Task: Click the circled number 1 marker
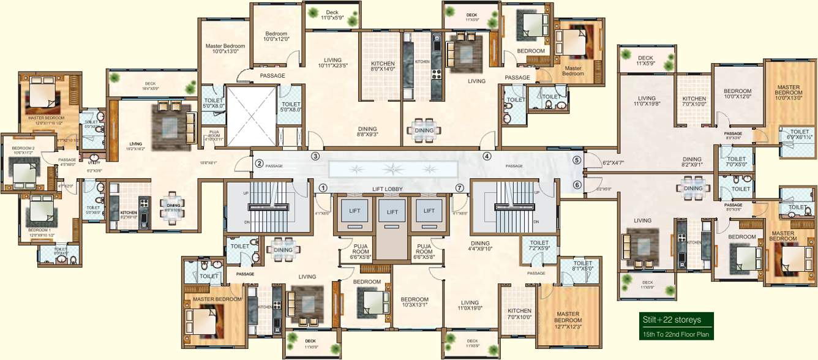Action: coord(323,189)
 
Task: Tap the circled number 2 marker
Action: coord(259,163)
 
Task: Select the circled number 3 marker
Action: coord(315,156)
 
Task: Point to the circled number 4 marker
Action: coord(487,156)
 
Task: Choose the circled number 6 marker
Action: coord(577,185)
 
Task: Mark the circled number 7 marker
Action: coord(460,187)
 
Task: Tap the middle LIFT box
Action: coord(392,212)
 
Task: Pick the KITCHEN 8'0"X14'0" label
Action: coord(383,67)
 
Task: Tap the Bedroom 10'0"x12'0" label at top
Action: coord(276,37)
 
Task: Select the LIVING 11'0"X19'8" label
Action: coord(647,101)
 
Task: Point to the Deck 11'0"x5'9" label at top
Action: coord(332,15)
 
